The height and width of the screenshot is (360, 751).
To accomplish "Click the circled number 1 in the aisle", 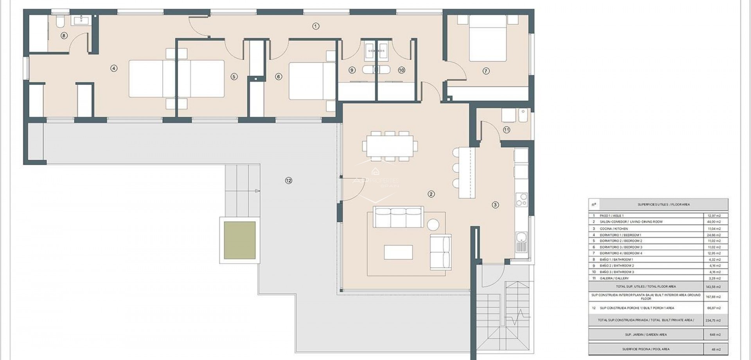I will point(316,26).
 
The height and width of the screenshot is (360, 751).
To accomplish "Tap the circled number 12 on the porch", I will point(289,180).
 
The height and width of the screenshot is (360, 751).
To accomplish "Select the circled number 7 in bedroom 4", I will point(486,71).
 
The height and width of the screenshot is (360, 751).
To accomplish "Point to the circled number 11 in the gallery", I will point(507,130).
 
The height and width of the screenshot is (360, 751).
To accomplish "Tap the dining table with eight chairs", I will point(390,146).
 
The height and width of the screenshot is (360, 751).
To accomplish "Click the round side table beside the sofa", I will point(433,225).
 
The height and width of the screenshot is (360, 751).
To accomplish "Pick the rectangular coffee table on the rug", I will point(398,252).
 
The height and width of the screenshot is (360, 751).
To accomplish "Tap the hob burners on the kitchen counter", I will point(521,200).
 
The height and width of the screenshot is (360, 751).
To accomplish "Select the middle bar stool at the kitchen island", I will point(456,167).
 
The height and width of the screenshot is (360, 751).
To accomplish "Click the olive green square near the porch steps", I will point(240,240).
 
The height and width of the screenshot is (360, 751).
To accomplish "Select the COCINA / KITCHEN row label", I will point(614,229).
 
